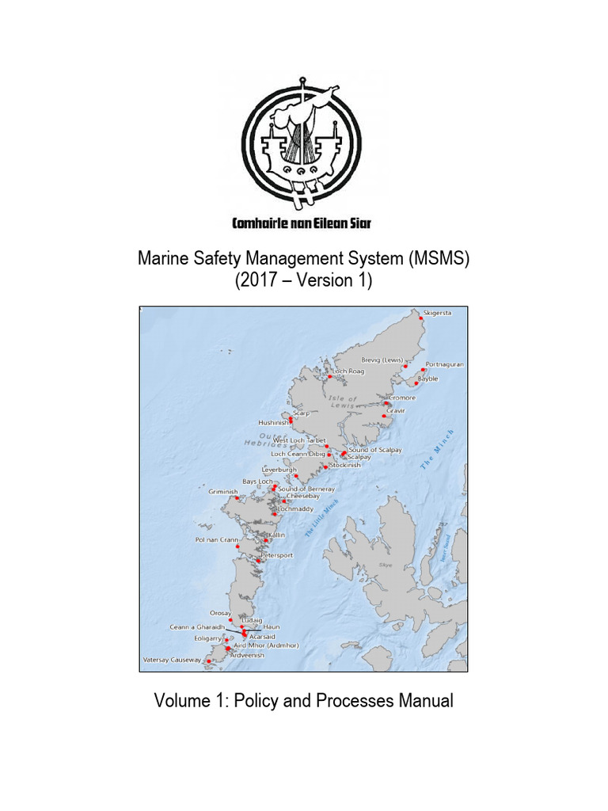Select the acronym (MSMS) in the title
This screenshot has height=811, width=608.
click(439, 259)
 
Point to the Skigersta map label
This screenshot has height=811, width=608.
click(438, 313)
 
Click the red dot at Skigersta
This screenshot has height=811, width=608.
click(421, 318)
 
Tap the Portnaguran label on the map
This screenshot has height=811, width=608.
click(444, 364)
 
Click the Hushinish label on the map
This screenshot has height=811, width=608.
click(273, 423)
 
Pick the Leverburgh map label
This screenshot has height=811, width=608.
click(279, 469)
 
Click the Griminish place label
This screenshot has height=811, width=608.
click(222, 491)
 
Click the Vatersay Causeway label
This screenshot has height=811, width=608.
click(172, 659)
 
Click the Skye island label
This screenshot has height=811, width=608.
click(386, 565)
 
